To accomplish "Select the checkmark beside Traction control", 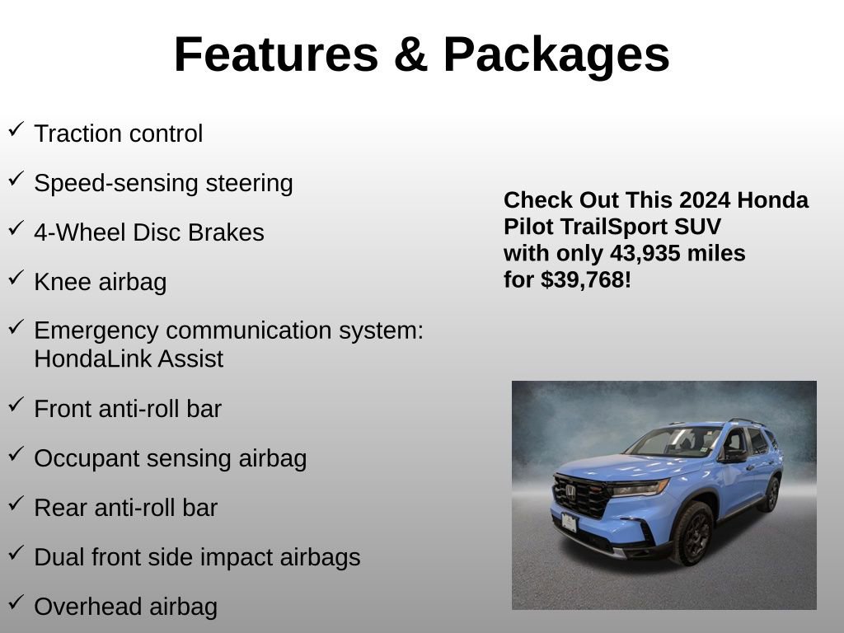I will (x=16, y=129).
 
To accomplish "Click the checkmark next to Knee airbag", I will (x=16, y=278).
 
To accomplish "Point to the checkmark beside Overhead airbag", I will (x=16, y=603).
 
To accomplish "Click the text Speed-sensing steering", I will (x=163, y=183).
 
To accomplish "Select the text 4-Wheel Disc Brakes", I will (x=149, y=232).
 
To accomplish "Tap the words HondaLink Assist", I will (x=129, y=359).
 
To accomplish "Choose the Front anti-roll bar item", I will (x=128, y=409).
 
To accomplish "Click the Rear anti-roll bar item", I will (x=125, y=508).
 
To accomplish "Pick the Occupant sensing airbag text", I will (x=170, y=458).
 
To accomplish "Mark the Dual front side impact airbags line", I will (x=197, y=557).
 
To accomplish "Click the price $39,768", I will (x=586, y=279).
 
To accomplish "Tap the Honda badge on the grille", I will (x=570, y=490).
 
